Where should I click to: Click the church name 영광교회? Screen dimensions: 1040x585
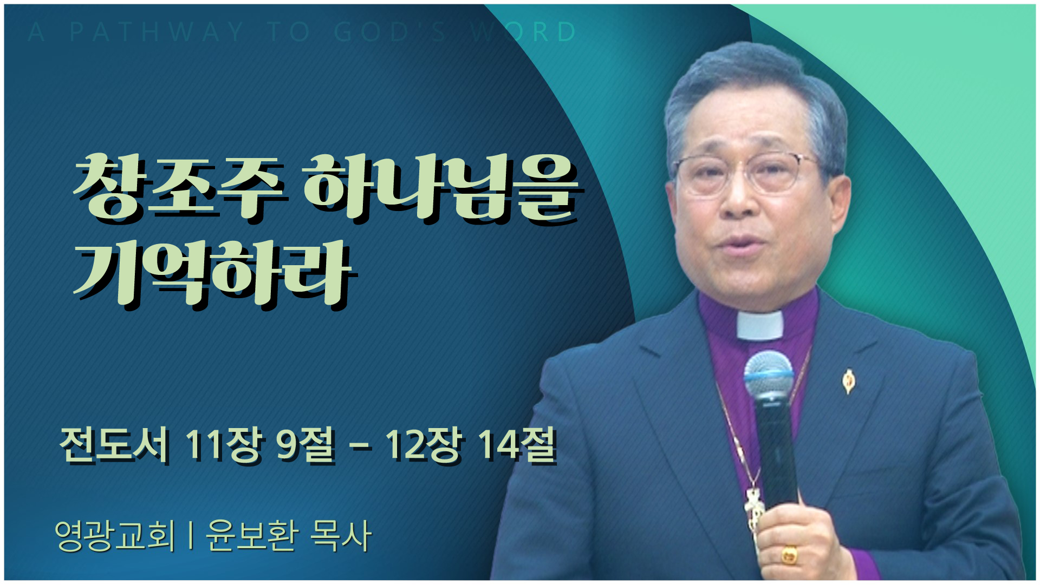(115, 536)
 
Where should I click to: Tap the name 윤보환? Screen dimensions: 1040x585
(252, 536)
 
